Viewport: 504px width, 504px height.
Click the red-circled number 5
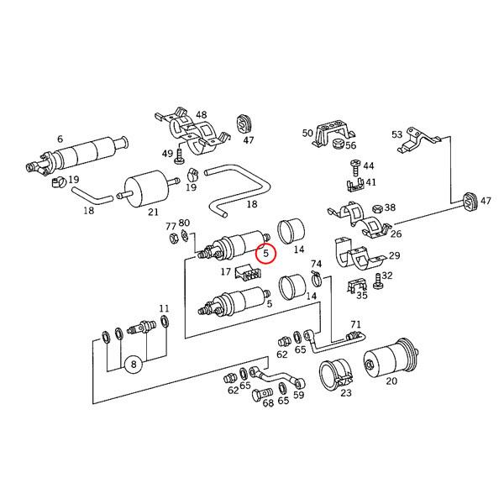[265, 254]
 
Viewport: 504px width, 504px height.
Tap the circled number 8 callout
[134, 365]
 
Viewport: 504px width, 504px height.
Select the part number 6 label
[60, 139]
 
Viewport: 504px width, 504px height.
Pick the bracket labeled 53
[417, 140]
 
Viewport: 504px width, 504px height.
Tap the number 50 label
[307, 133]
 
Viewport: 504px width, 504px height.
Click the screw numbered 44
[355, 167]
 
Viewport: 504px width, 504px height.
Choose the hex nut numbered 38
[377, 209]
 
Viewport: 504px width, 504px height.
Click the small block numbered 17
[248, 272]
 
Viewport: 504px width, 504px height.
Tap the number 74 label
[316, 264]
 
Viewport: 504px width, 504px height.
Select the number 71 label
[355, 324]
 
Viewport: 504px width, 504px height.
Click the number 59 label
[298, 395]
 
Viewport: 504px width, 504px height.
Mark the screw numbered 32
[377, 281]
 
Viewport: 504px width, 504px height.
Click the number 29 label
[395, 255]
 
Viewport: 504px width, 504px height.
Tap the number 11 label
[164, 308]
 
